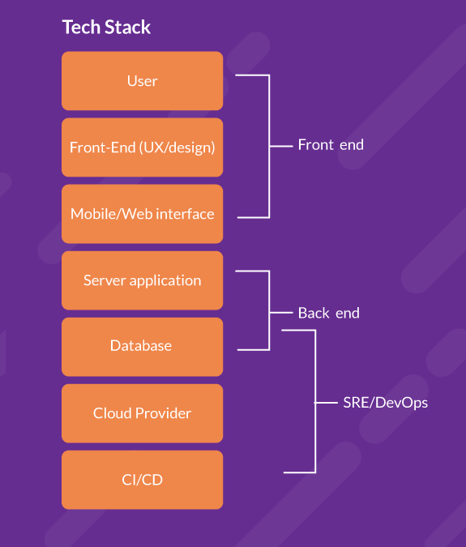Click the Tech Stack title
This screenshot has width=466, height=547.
tap(106, 27)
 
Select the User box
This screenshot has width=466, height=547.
tap(142, 81)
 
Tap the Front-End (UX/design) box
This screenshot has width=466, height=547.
tap(142, 147)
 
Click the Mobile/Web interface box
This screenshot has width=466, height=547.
tap(142, 214)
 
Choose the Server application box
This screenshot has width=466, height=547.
tap(142, 280)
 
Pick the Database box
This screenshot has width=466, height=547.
tap(142, 346)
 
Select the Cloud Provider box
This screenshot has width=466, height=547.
tap(142, 413)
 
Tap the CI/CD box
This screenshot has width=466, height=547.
tap(142, 480)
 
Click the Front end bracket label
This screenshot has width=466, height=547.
tap(331, 145)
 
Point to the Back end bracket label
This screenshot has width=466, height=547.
tap(328, 313)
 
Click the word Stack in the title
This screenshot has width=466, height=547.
tap(129, 27)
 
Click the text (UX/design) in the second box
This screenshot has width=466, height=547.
tap(177, 147)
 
